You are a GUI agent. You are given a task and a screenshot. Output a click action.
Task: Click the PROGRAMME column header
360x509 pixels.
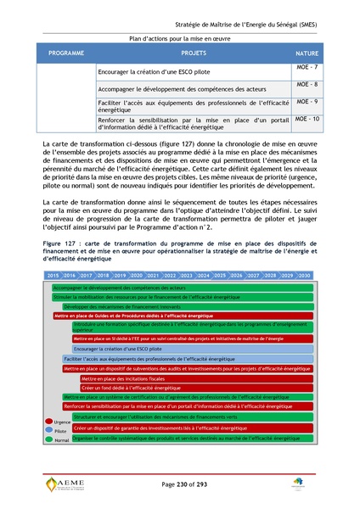pyautogui.click(x=67, y=53)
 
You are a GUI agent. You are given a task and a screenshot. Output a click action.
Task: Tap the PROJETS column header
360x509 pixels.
pyautogui.click(x=194, y=53)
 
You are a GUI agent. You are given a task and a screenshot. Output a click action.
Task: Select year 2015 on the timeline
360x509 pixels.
pyautogui.click(x=53, y=276)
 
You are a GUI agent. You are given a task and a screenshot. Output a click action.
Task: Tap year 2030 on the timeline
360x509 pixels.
pyautogui.click(x=303, y=276)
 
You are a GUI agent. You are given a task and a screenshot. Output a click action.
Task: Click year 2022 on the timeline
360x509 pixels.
pyautogui.click(x=170, y=276)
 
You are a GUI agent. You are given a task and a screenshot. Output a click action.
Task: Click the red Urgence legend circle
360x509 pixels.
pyautogui.click(x=48, y=421)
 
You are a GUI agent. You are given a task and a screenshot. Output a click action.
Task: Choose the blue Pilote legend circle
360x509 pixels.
pyautogui.click(x=48, y=430)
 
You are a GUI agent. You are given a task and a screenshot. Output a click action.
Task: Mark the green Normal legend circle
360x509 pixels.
pyautogui.click(x=48, y=439)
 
